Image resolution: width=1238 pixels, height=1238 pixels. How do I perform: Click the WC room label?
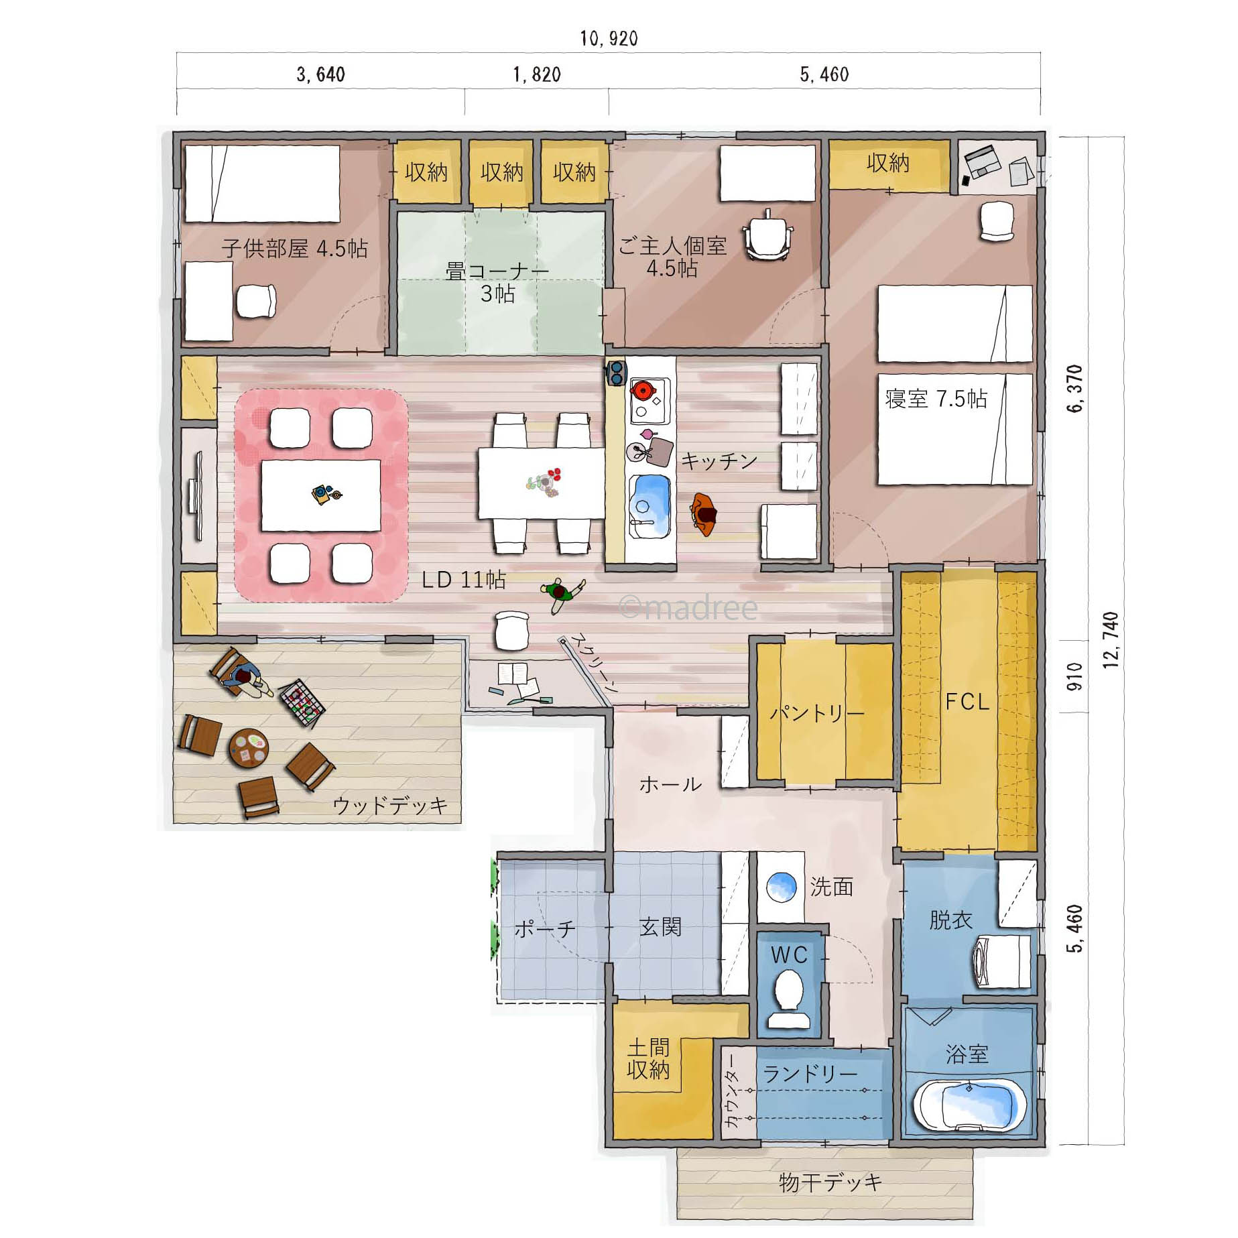coord(789,954)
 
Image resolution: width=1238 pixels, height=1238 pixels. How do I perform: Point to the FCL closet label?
coord(967,702)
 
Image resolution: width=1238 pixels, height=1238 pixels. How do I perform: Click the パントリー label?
coord(816,713)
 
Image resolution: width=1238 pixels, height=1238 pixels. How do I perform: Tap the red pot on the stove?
coord(643,390)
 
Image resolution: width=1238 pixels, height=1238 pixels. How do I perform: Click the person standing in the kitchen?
coord(704,513)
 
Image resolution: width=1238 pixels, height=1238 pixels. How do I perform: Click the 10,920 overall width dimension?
coord(609,38)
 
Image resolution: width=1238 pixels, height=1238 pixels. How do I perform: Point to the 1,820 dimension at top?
coord(537,74)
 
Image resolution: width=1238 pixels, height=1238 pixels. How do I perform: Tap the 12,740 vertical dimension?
coord(1111,640)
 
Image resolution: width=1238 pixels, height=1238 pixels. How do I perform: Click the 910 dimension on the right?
coord(1074,677)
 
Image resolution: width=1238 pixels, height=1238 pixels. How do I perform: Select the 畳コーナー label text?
coord(497,271)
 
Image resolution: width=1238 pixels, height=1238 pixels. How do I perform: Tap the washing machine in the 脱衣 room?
coord(1002,961)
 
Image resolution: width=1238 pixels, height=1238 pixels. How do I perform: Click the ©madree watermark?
coord(688,607)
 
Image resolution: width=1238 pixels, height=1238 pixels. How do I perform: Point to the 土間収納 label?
coord(648,1059)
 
